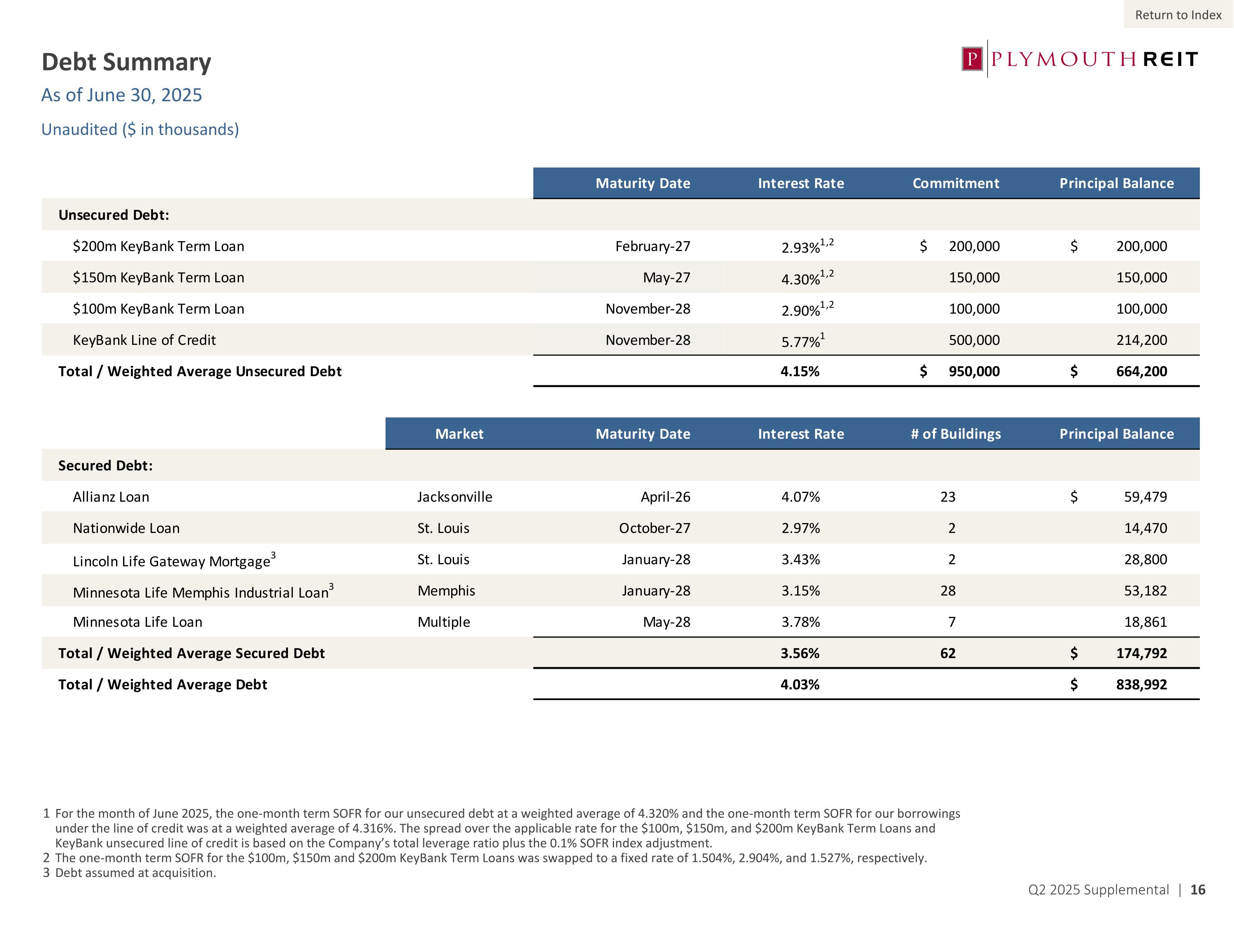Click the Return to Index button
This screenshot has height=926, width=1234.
click(1178, 15)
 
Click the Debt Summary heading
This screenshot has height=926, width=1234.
click(127, 62)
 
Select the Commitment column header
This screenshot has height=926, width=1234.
click(956, 184)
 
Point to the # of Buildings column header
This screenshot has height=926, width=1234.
click(956, 434)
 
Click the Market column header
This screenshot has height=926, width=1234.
click(459, 434)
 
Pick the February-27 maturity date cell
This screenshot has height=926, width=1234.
click(653, 246)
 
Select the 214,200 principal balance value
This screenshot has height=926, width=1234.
click(1141, 340)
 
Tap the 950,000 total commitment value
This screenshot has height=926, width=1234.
click(974, 371)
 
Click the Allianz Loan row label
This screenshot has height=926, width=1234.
click(111, 497)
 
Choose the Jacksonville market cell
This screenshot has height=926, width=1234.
click(455, 497)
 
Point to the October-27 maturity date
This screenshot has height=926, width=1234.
click(654, 528)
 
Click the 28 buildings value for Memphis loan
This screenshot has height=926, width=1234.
click(948, 591)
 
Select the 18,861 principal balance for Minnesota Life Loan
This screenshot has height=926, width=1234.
click(1145, 622)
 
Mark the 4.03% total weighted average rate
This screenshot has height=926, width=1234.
click(800, 684)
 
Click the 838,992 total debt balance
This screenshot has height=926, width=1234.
click(1141, 684)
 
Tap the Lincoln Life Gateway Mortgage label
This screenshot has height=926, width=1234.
click(172, 561)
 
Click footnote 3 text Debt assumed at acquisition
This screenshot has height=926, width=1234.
click(135, 872)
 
